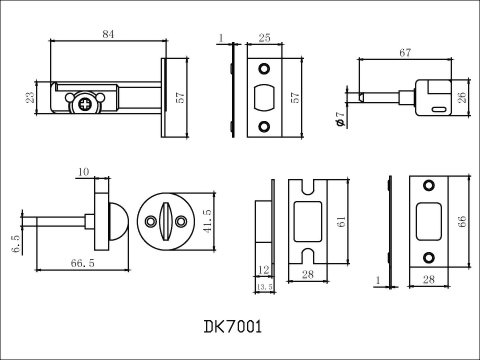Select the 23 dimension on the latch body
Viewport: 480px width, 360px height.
31,97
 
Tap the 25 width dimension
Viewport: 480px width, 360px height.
265,37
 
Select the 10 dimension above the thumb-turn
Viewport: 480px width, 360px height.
83,171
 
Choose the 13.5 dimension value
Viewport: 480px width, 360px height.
264,287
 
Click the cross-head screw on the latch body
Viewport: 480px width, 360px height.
85,102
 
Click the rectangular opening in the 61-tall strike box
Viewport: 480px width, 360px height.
304,223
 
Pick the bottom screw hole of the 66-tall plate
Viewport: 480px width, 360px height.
429,257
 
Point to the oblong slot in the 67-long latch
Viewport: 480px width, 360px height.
437,107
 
